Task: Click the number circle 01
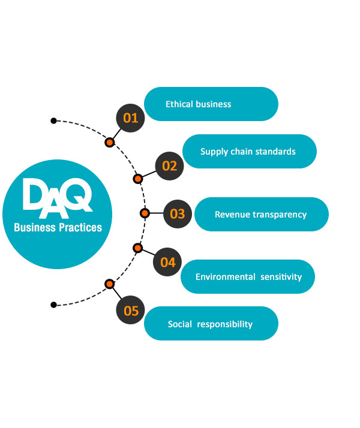point(131,117)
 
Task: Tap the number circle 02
point(170,165)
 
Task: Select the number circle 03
point(178,213)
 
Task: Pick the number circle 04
point(168,262)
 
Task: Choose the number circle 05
point(131,311)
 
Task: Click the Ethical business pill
point(211,104)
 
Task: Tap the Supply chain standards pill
point(249,152)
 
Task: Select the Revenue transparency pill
point(261,214)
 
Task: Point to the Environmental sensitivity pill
point(248,276)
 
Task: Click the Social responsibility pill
point(211,324)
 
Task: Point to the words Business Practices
point(58,228)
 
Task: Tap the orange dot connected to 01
point(109,143)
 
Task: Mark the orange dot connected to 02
point(137,179)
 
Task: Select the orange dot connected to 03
point(145,213)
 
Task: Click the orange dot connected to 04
point(137,248)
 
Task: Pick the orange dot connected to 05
point(109,284)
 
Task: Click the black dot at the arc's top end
point(53,120)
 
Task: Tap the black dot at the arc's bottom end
point(53,305)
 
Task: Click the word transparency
point(280,214)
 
